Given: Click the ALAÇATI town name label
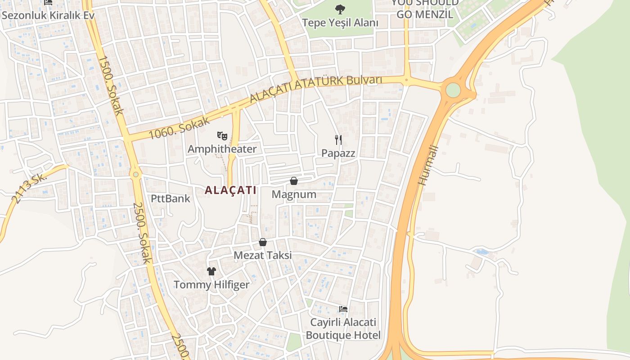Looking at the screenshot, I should (x=230, y=190).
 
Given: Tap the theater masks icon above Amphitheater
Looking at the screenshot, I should (x=222, y=135).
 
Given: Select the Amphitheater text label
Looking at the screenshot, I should (x=222, y=149).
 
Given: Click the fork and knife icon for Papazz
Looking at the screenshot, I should (x=338, y=140).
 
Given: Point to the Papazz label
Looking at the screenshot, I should (x=338, y=153).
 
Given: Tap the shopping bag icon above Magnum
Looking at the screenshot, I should (x=294, y=181).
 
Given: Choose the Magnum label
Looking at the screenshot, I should (x=294, y=194).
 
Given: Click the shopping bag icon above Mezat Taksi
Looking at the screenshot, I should (x=263, y=242).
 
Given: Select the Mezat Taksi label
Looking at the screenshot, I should (x=263, y=255).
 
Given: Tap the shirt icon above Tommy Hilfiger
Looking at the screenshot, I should (x=211, y=271).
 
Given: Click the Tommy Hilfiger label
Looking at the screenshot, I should (x=211, y=285).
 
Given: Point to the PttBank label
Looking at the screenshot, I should (x=171, y=198).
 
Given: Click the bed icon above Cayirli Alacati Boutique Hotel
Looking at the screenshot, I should (x=343, y=309).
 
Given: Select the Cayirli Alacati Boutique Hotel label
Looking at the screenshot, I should (x=343, y=329).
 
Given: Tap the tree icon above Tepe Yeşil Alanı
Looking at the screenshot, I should (x=340, y=9).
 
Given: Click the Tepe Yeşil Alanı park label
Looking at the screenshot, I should (x=340, y=22).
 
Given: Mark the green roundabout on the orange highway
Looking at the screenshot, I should (x=453, y=90).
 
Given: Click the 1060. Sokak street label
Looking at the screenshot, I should (x=180, y=128).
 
